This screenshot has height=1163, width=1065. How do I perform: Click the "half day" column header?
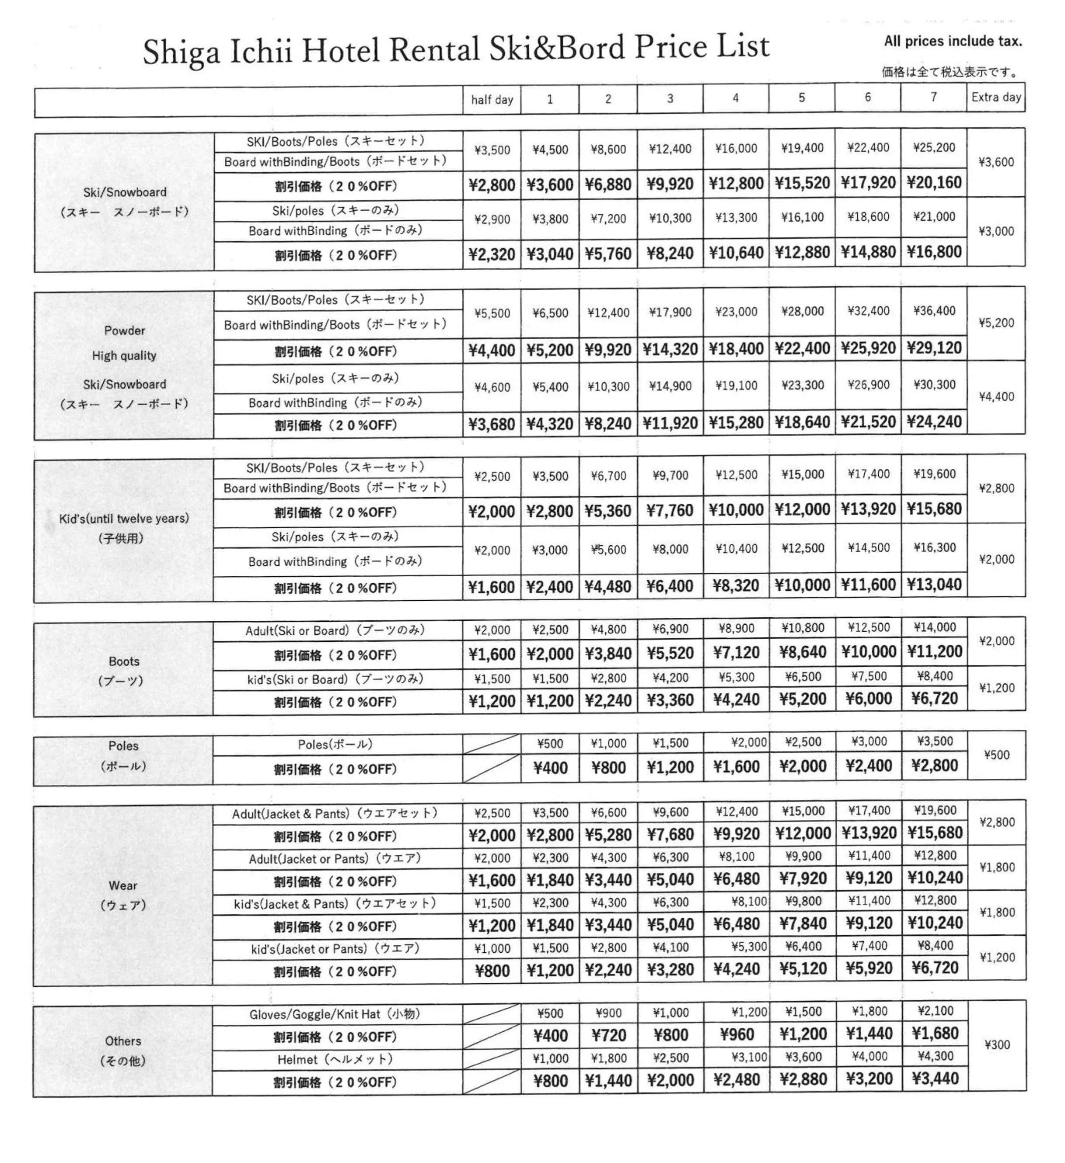(x=492, y=100)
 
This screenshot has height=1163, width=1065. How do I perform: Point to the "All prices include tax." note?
(x=953, y=41)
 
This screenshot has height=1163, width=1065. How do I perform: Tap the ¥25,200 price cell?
(x=933, y=148)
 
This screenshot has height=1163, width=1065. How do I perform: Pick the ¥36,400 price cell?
(x=933, y=311)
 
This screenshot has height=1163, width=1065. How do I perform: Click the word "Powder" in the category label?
(x=125, y=331)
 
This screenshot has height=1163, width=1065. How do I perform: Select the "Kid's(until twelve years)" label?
(x=124, y=518)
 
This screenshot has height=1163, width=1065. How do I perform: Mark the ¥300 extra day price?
(x=997, y=1045)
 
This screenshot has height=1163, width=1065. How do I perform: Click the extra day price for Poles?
(x=997, y=755)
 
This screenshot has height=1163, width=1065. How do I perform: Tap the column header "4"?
(x=735, y=98)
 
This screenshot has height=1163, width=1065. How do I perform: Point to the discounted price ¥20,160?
(x=933, y=183)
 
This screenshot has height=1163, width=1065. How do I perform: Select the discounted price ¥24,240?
(x=933, y=422)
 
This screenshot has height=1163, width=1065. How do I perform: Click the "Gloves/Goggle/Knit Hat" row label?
(x=335, y=1014)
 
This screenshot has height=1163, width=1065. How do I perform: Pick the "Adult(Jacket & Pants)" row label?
(x=335, y=813)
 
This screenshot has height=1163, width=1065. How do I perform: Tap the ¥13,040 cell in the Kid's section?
(x=933, y=585)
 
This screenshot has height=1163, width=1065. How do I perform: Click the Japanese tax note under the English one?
(x=950, y=72)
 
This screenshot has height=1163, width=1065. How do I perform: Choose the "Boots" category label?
(x=124, y=661)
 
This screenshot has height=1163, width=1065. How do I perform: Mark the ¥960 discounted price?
(x=737, y=1034)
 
